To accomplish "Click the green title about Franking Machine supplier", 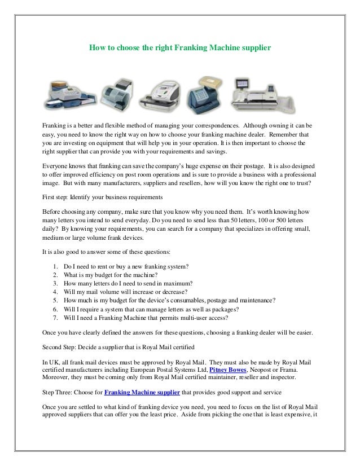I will pyautogui.click(x=181, y=49).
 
